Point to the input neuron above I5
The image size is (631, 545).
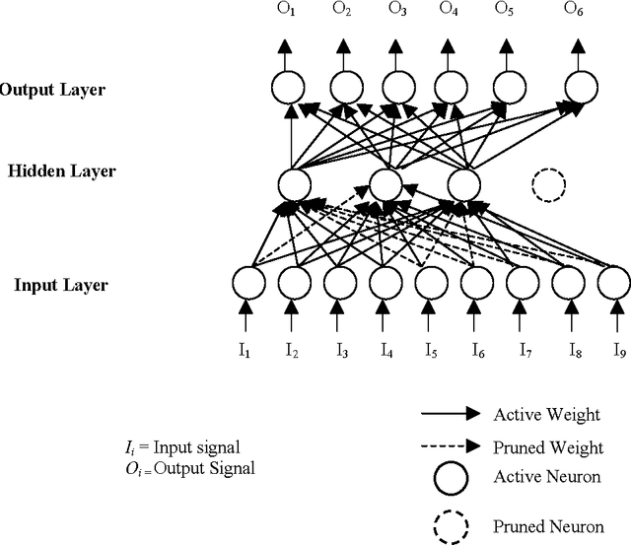pos(430,284)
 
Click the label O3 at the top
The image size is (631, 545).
pos(396,36)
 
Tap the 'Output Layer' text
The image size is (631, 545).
pos(52,91)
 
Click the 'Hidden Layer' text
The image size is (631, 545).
pos(61,171)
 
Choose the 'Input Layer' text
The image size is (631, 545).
pos(61,286)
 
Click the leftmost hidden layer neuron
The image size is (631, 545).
pos(295,183)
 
